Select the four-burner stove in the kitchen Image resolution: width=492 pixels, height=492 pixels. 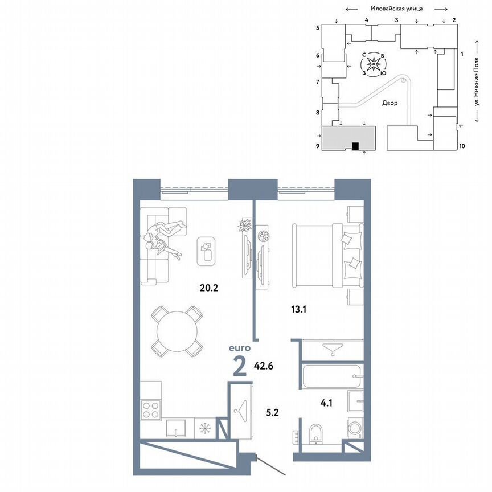click(x=152, y=410)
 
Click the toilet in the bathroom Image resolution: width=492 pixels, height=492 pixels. click(x=317, y=433)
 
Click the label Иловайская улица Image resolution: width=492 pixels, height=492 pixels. click(x=396, y=9)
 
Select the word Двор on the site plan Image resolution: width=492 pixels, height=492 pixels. click(x=390, y=104)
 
